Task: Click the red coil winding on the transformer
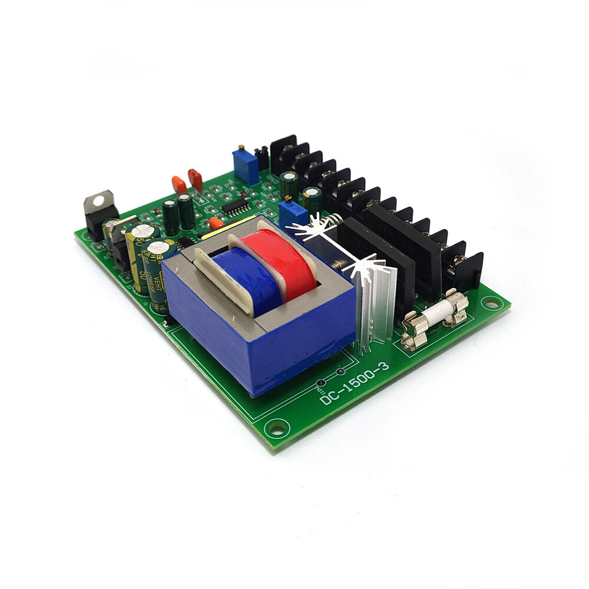pyautogui.click(x=294, y=262)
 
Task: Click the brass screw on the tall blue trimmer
pyautogui.click(x=241, y=148)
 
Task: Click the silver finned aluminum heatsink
pyautogui.click(x=371, y=300)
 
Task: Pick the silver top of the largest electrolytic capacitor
pyautogui.click(x=141, y=231)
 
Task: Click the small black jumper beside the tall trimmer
pyautogui.click(x=263, y=157)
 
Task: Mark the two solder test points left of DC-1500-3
pyautogui.click(x=330, y=377)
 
